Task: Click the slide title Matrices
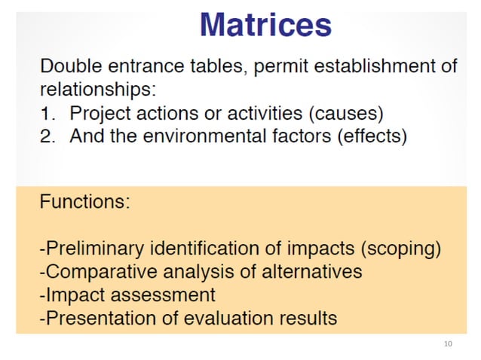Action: (x=265, y=25)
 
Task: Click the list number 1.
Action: (x=47, y=114)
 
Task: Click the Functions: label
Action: (x=84, y=203)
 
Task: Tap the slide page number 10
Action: (x=448, y=343)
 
